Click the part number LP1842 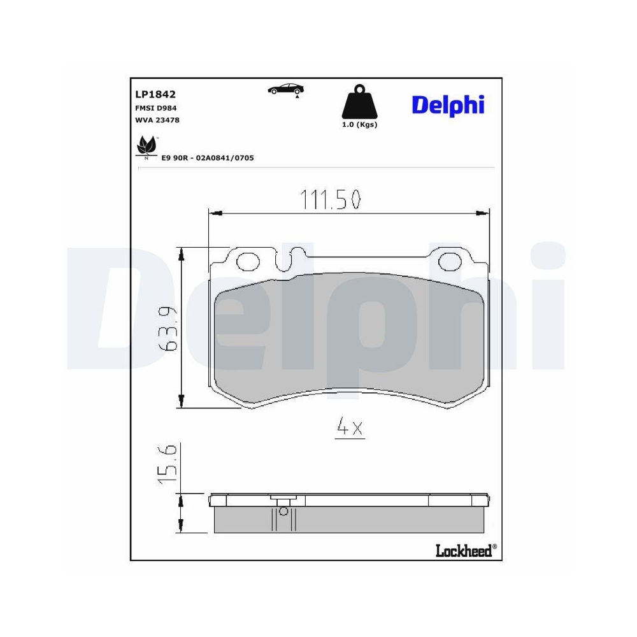pyautogui.click(x=155, y=94)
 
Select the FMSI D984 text pyautogui.click(x=156, y=108)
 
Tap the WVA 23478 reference pyautogui.click(x=157, y=120)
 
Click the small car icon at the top pyautogui.click(x=285, y=90)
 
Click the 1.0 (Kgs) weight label pyautogui.click(x=359, y=125)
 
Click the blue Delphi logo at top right pyautogui.click(x=448, y=106)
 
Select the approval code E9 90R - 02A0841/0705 pyautogui.click(x=208, y=158)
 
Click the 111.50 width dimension pyautogui.click(x=330, y=199)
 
